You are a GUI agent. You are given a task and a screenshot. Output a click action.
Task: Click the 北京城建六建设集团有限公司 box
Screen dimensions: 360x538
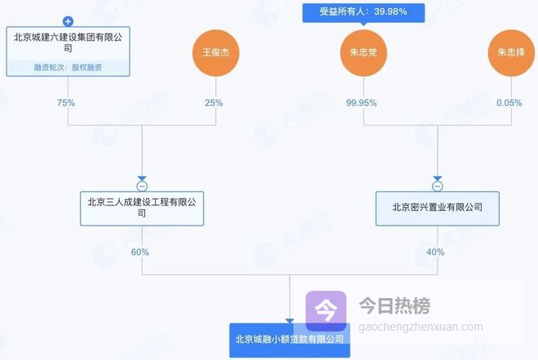pyautogui.click(x=68, y=42)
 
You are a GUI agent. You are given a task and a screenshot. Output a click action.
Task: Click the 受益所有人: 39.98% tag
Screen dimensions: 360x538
pyautogui.click(x=364, y=11)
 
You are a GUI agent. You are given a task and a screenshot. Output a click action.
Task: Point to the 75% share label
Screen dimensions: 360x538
pyautogui.click(x=66, y=103)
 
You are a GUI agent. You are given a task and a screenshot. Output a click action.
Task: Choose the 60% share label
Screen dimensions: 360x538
pyautogui.click(x=139, y=252)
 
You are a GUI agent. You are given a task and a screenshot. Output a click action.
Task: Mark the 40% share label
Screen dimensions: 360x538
pyautogui.click(x=434, y=252)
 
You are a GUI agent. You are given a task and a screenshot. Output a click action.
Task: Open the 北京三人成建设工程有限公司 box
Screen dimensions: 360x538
pyautogui.click(x=141, y=207)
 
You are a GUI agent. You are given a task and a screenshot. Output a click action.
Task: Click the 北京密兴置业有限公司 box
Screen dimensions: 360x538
pyautogui.click(x=438, y=207)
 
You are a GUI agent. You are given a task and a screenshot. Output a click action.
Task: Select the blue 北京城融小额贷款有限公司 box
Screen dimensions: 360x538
pyautogui.click(x=289, y=339)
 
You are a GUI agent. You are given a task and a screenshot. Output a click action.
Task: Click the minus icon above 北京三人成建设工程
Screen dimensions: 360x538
pyautogui.click(x=142, y=183)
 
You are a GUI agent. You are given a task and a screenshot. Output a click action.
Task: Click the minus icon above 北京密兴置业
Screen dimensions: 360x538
pyautogui.click(x=438, y=183)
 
